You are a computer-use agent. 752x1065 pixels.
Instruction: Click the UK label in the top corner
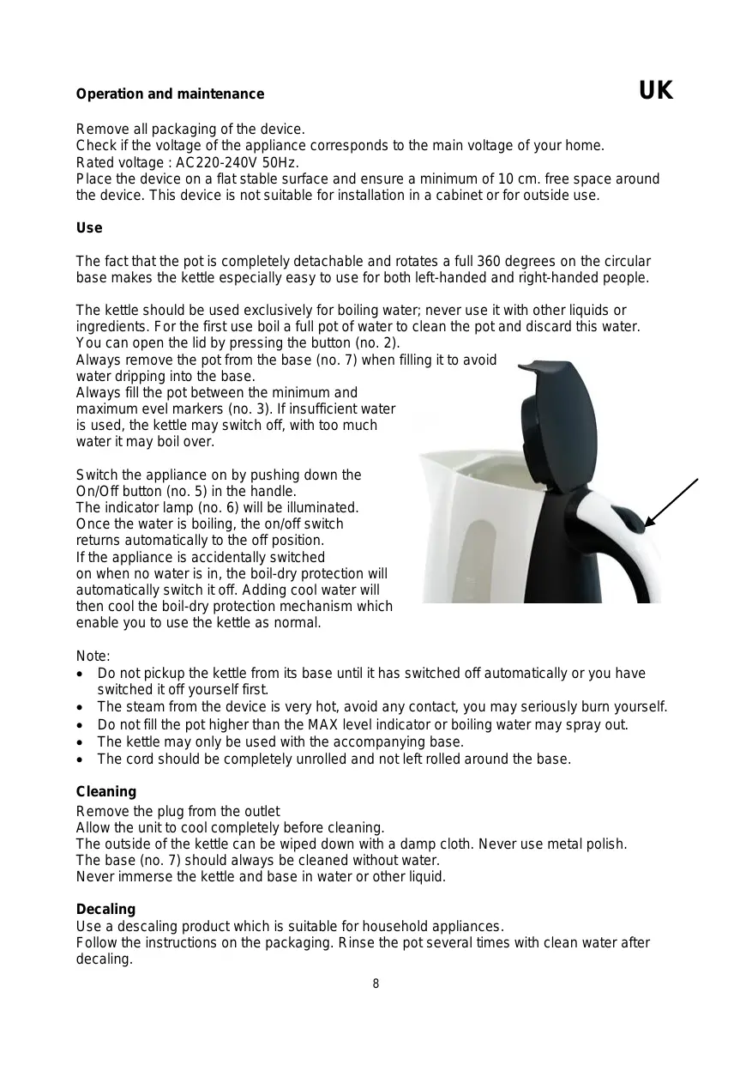click(656, 91)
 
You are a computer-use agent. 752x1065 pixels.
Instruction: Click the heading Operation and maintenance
click(170, 94)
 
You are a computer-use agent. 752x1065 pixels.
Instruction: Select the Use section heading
click(89, 228)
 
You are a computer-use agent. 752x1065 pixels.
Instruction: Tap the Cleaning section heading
click(106, 791)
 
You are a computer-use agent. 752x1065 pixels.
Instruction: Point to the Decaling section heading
click(105, 909)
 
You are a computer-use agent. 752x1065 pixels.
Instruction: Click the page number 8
click(376, 983)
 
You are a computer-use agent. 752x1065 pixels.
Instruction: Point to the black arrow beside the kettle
click(671, 502)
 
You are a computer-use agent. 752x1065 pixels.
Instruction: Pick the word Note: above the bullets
click(93, 657)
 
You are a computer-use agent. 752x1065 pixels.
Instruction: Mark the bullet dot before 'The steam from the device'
click(80, 707)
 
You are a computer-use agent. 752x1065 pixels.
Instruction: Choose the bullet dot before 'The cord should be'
click(80, 759)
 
